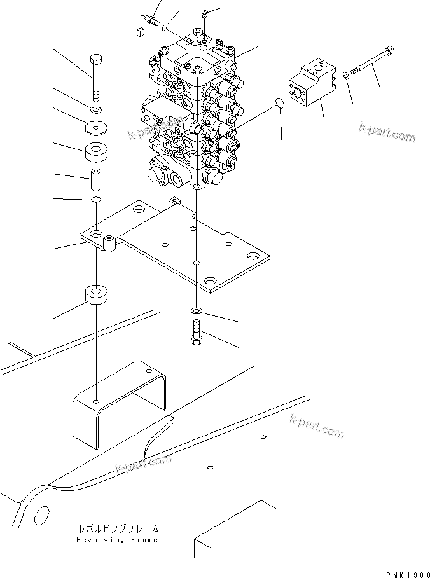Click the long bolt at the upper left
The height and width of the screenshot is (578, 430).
tap(95, 77)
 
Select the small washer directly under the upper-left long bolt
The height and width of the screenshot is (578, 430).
tap(95, 111)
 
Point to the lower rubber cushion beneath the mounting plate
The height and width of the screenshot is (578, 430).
tap(95, 296)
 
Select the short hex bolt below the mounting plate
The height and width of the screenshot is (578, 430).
tap(197, 332)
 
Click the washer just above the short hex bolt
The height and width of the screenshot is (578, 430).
tap(197, 311)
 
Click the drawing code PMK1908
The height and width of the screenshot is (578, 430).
tap(406, 573)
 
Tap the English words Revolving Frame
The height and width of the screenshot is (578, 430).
tap(117, 540)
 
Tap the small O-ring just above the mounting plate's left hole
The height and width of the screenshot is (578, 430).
tap(95, 201)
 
